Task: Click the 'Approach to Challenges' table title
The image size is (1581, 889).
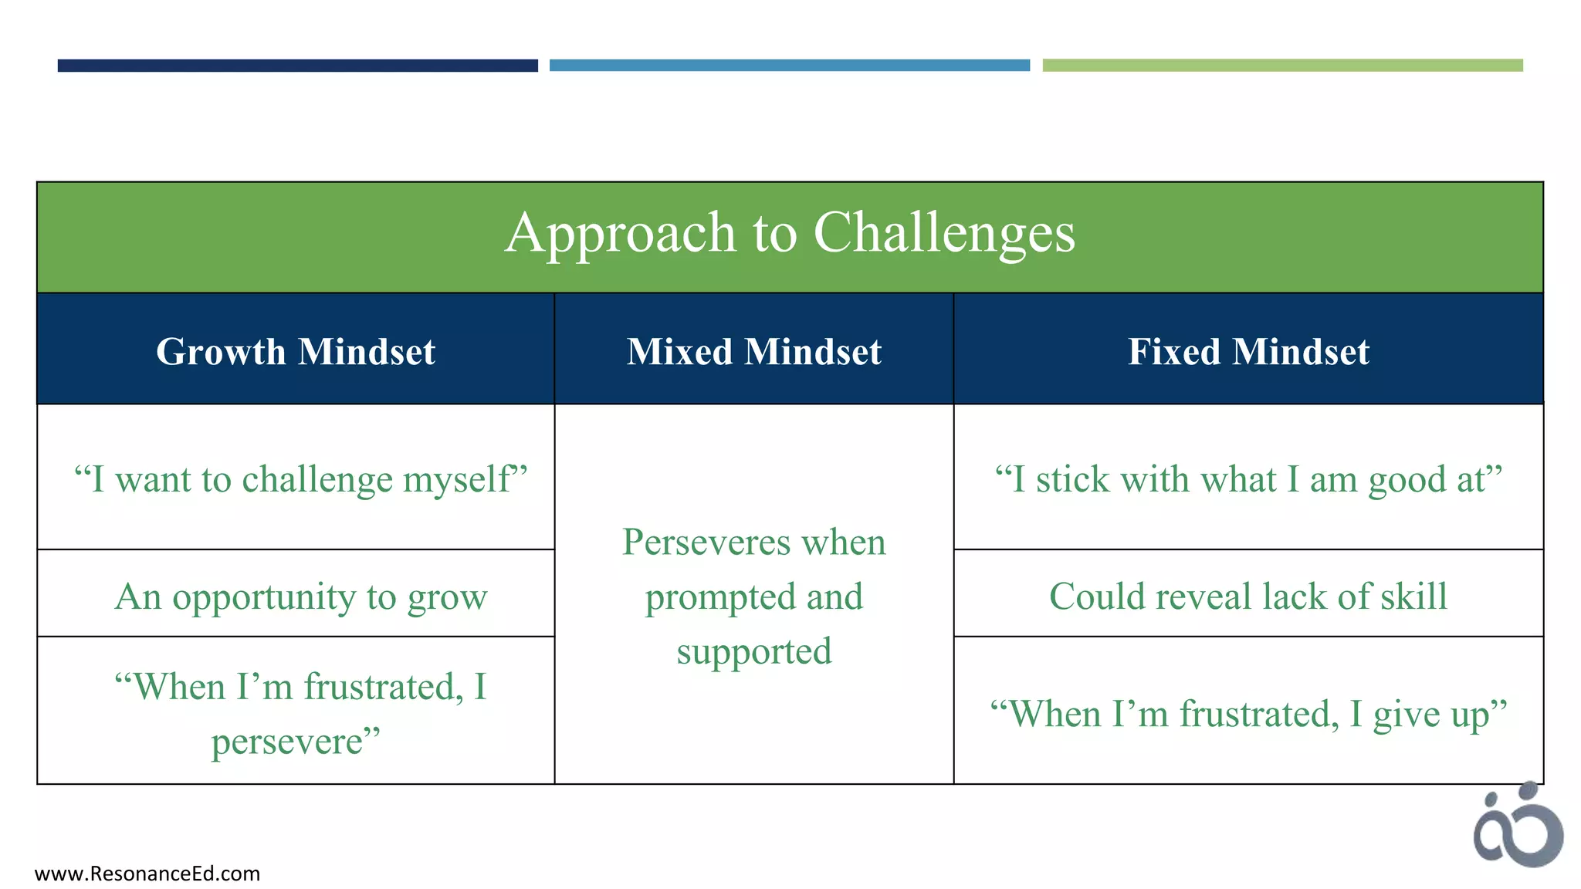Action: pyautogui.click(x=790, y=233)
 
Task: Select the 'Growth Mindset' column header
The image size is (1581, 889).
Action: pyautogui.click(x=296, y=352)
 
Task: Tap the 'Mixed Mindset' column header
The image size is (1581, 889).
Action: pyautogui.click(x=753, y=352)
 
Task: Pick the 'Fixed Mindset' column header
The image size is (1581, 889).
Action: pyautogui.click(x=1248, y=352)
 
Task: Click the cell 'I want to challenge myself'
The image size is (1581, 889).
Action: pyautogui.click(x=300, y=479)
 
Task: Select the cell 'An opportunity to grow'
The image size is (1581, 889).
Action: pyautogui.click(x=300, y=597)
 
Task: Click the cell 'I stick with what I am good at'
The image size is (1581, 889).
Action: pyautogui.click(x=1248, y=479)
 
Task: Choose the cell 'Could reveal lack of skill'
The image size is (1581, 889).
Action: pyautogui.click(x=1248, y=597)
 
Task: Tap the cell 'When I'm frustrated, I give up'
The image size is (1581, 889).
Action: pyautogui.click(x=1248, y=714)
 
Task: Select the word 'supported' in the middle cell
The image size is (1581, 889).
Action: pyautogui.click(x=754, y=651)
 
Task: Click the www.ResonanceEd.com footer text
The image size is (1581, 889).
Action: pyautogui.click(x=147, y=874)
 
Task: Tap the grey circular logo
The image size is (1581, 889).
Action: pyautogui.click(x=1518, y=826)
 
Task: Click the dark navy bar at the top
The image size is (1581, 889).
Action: pyautogui.click(x=297, y=66)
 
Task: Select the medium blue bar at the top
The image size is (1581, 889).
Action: pyautogui.click(x=789, y=66)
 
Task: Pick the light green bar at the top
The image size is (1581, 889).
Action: pyautogui.click(x=1282, y=66)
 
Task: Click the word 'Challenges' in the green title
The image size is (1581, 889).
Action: pyautogui.click(x=943, y=233)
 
